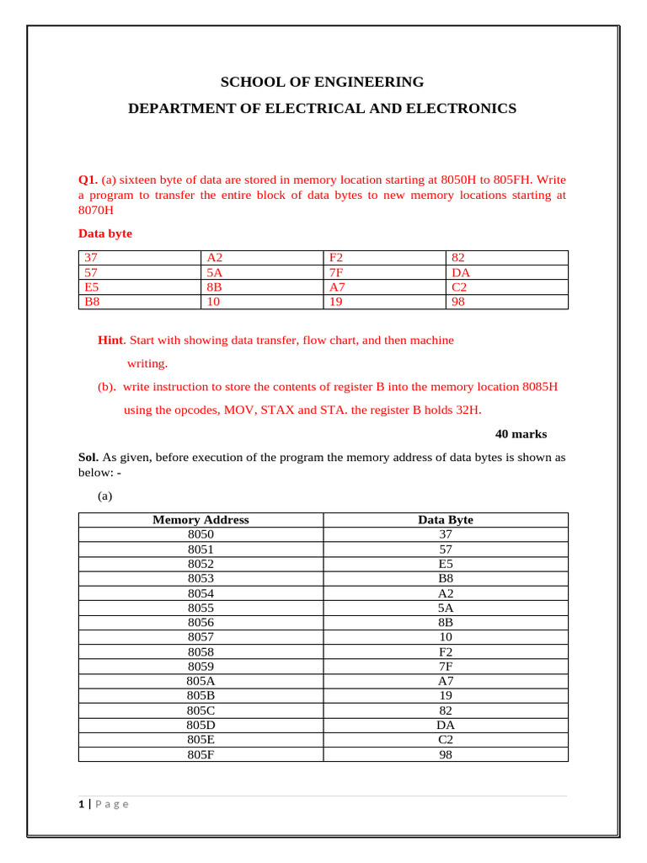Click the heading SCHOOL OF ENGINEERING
tap(322, 82)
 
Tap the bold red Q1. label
tap(88, 180)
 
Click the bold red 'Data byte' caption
tap(105, 233)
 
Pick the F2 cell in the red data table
tap(337, 258)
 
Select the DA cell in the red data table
tap(461, 272)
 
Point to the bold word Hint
tap(111, 340)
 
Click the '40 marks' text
tap(521, 434)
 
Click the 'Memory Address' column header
tap(201, 520)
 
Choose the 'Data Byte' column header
tap(446, 520)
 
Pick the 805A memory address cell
tap(201, 682)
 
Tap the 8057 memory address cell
tap(201, 637)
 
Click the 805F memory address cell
tap(201, 755)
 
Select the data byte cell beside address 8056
tap(446, 623)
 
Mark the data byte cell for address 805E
tap(446, 741)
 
